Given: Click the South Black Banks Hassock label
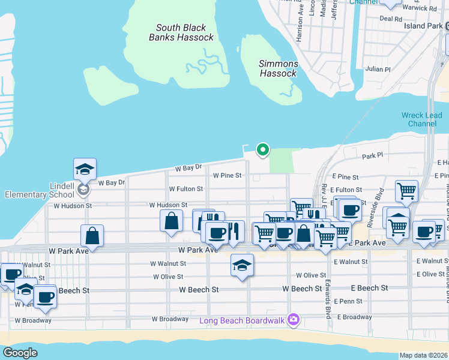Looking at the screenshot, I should point(181,32).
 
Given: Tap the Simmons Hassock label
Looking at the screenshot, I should point(278,68).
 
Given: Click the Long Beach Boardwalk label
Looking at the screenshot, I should point(243,320).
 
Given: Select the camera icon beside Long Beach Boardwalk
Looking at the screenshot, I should point(294,319).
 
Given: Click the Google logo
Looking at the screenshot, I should point(20,353).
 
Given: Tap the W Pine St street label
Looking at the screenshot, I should point(227,176).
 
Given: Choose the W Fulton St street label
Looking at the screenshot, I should point(185,189).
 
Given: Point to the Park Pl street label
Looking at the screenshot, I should point(372,157).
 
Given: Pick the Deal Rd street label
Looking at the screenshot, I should point(391,19).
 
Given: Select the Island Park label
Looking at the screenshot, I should point(423,26).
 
